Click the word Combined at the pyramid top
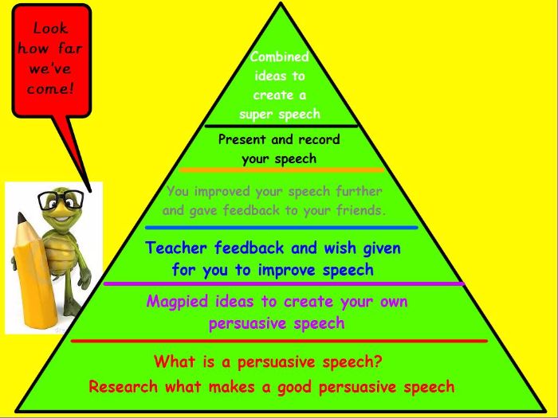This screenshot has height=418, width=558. click(x=279, y=57)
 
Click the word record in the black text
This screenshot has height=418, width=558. click(x=319, y=139)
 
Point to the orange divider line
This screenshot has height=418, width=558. click(x=282, y=170)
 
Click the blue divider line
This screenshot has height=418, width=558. click(x=281, y=228)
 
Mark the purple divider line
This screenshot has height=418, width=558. click(x=284, y=283)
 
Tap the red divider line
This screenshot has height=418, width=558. click(x=279, y=341)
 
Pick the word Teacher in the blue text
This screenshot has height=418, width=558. click(x=176, y=248)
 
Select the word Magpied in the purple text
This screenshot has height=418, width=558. click(x=177, y=302)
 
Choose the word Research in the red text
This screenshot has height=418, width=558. click(x=123, y=386)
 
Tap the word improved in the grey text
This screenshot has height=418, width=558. click(x=222, y=192)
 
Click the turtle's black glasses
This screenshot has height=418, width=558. click(x=61, y=200)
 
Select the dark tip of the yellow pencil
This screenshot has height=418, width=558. click(x=22, y=217)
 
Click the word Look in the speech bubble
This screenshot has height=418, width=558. click(x=50, y=29)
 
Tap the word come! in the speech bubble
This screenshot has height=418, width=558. click(x=50, y=89)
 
